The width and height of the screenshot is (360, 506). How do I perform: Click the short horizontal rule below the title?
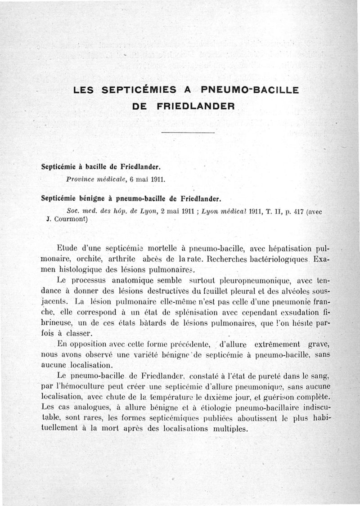tap(187, 132)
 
